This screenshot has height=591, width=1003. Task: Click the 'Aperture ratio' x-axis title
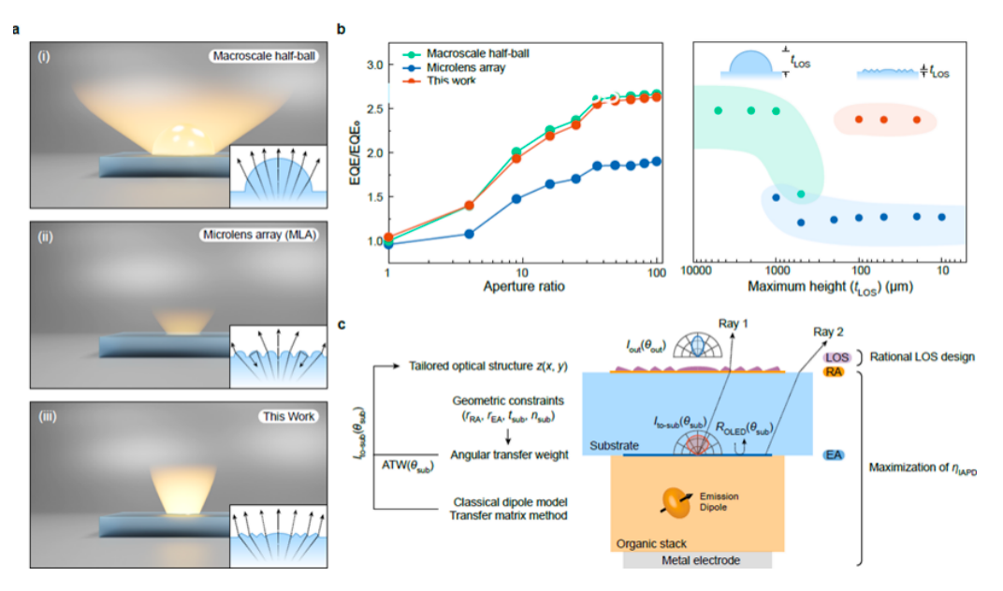click(x=525, y=286)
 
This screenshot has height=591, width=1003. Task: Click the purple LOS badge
click(x=836, y=357)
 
